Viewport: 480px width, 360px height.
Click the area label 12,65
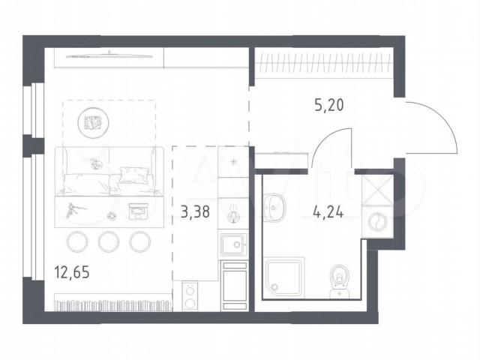point(72,272)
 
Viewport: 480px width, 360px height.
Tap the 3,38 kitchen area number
point(195,211)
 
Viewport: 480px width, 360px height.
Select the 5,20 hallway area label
point(329,105)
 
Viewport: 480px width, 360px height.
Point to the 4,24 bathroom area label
point(328,211)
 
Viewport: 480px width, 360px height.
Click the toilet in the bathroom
point(340,281)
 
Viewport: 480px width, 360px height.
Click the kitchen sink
point(233,244)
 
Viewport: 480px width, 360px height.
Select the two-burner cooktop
point(190,296)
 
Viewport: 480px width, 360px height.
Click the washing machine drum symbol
point(377,221)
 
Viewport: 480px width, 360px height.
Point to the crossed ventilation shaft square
point(378,190)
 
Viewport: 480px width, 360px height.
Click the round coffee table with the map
point(93,122)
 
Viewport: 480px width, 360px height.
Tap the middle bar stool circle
point(108,241)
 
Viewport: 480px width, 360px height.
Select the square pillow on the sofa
point(133,175)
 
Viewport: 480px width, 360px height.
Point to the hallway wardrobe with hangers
point(324,64)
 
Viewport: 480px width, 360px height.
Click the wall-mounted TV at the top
point(109,55)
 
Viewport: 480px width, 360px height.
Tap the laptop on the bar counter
point(139,211)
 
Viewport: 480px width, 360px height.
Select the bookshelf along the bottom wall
point(113,303)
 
